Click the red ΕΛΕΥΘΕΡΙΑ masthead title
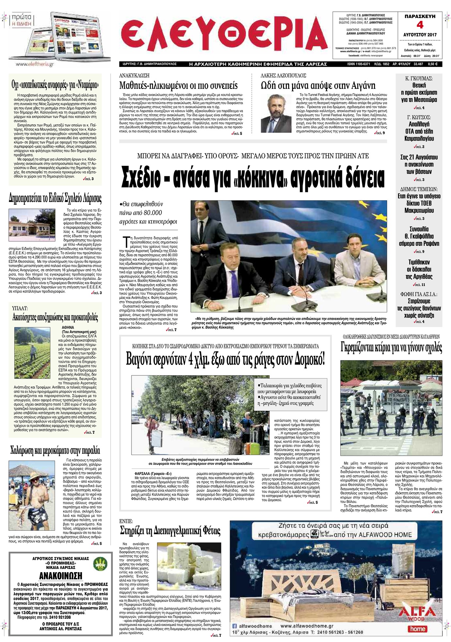pyautogui.click(x=224, y=36)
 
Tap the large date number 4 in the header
pyautogui.click(x=420, y=25)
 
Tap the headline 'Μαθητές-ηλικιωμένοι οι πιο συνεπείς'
pyautogui.click(x=178, y=86)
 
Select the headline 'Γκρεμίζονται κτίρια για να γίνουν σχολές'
pyautogui.click(x=391, y=347)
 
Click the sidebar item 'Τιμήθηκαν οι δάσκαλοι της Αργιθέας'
pyautogui.click(x=419, y=269)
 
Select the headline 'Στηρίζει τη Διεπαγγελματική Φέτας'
pyautogui.click(x=170, y=530)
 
